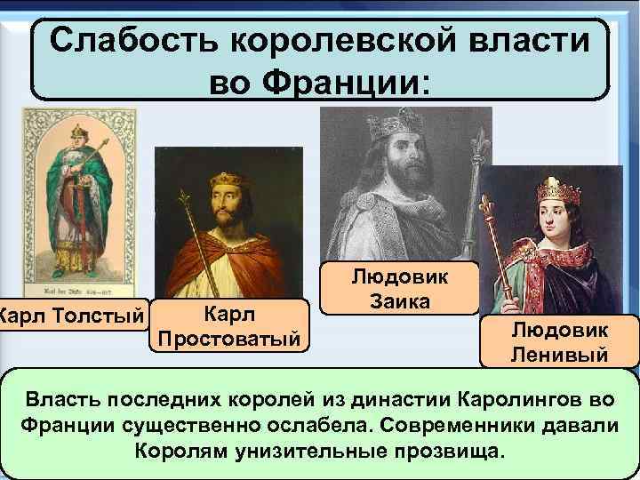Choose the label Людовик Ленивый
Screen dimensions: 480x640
coord(560,343)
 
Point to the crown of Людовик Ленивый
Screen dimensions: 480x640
coord(559,189)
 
